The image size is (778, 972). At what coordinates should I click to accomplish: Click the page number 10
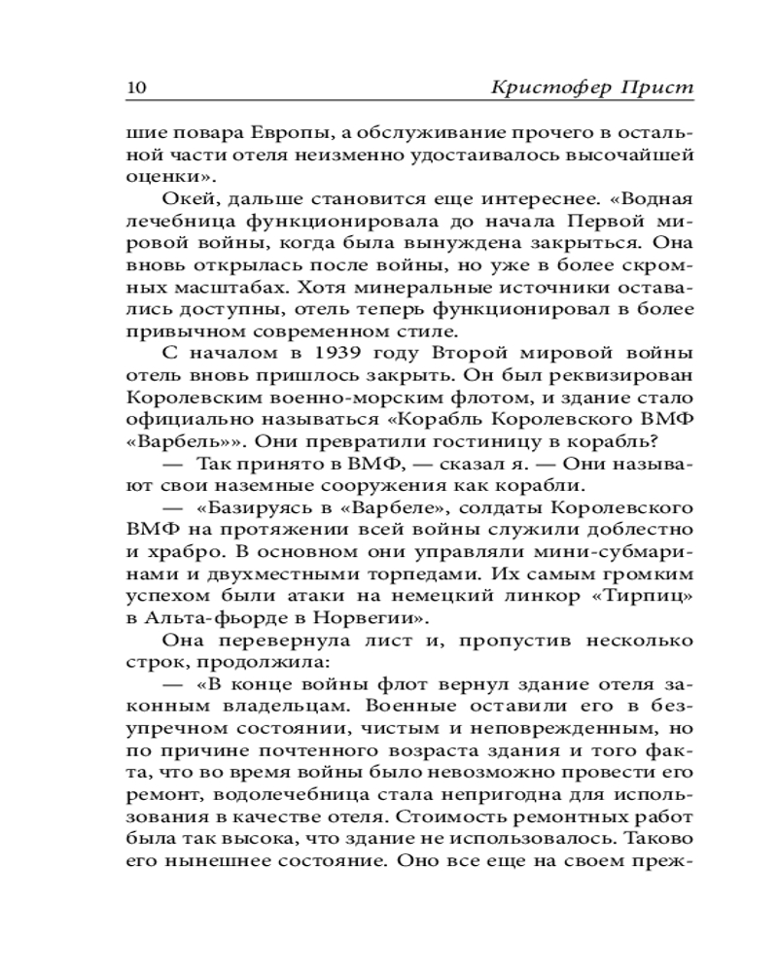[x=136, y=87]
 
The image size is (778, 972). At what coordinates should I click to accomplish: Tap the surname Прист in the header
[x=637, y=87]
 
